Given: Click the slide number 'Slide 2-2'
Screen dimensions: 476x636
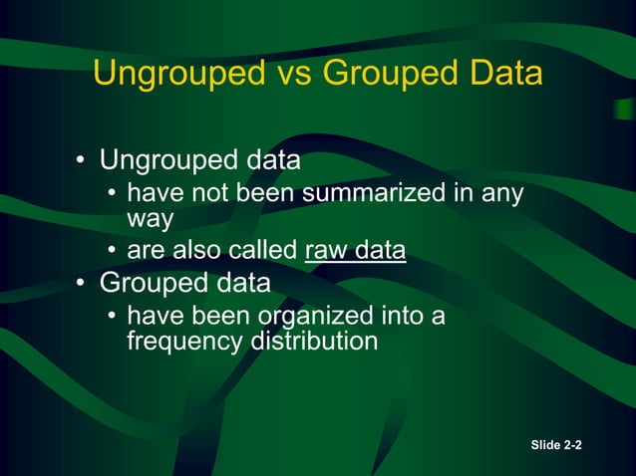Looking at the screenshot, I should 557,445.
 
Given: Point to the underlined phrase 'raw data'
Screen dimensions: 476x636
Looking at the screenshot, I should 355,250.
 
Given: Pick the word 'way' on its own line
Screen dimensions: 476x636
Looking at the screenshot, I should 150,217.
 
